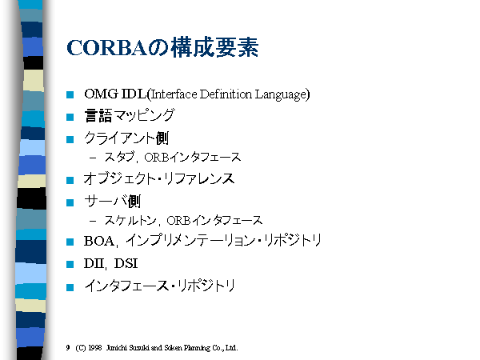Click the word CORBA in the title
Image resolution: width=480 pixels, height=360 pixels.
tap(107, 48)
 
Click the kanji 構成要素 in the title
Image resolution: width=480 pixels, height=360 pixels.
tap(215, 47)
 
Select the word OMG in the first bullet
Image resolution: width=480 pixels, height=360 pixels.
tap(101, 94)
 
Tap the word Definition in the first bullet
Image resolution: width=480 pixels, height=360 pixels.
tap(226, 94)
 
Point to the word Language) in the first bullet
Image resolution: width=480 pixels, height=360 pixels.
tap(282, 94)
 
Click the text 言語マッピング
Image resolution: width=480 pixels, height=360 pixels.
tap(130, 116)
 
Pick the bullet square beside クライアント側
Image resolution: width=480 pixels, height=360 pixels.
tap(70, 139)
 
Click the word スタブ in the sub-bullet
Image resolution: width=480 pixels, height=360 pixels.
tap(119, 157)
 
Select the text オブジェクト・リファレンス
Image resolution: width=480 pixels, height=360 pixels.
tap(159, 178)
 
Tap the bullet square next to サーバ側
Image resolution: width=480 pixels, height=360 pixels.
tap(70, 202)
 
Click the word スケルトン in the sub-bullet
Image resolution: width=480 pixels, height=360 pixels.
tap(130, 220)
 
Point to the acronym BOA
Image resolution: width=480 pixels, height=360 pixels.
tap(99, 242)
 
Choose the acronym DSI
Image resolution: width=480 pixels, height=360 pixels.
tap(126, 263)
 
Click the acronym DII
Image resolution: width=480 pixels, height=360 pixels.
tap(94, 263)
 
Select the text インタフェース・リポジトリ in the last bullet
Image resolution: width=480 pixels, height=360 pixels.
tap(159, 286)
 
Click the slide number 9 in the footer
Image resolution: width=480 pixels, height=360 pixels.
tap(68, 348)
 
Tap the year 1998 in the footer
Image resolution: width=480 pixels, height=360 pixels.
tap(95, 348)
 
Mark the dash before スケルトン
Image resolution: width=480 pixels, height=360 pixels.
tap(93, 221)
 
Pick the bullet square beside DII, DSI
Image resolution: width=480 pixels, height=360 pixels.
tap(70, 264)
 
